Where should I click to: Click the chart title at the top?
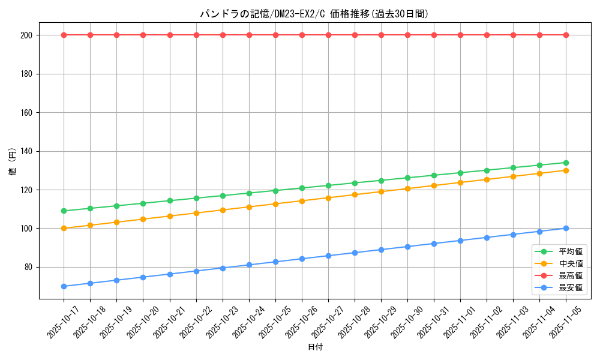coord(314,14)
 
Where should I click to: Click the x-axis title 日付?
coord(315,347)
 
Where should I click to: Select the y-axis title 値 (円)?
coord(12,161)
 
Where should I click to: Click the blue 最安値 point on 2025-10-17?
coord(64,286)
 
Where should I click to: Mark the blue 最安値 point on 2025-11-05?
coord(566,228)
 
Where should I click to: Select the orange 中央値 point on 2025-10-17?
coord(64,228)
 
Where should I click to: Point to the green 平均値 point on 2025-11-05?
coord(566,163)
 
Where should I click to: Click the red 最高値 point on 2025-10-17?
coord(64,35)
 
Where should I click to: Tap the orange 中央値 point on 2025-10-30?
coord(407,188)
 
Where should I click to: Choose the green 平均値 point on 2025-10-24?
coord(249,193)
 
